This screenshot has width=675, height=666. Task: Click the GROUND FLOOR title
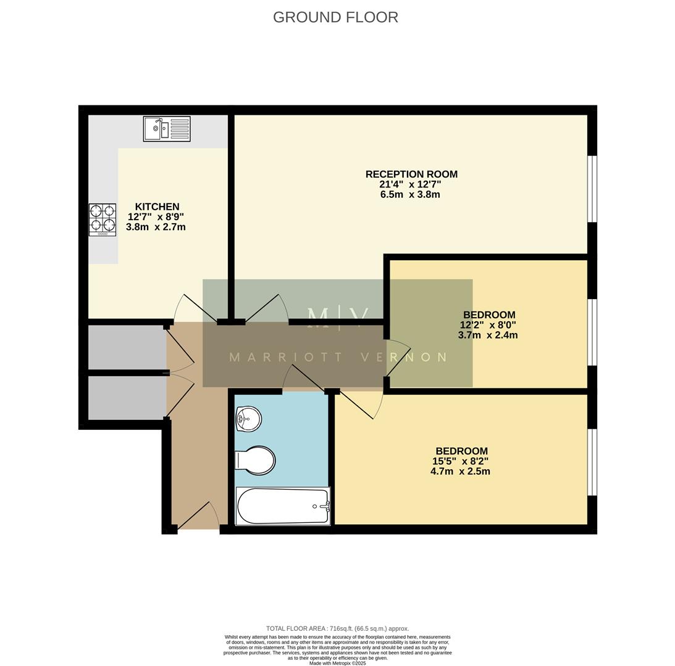[x=335, y=17]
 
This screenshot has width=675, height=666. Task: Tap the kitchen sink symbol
[x=167, y=129]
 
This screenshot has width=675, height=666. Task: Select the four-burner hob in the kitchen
[x=103, y=220]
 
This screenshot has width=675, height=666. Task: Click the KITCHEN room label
[x=157, y=207]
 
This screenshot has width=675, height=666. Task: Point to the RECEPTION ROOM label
[x=411, y=175]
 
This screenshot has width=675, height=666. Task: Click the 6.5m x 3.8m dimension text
[x=410, y=195]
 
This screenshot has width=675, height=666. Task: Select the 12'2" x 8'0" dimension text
[x=488, y=325]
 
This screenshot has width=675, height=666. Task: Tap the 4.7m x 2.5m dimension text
[x=460, y=472]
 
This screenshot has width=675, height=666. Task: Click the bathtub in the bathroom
[x=283, y=506]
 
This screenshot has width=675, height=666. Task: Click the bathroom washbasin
[x=249, y=419]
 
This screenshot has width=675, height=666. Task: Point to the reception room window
[x=592, y=189]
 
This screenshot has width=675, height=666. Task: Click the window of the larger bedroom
[x=592, y=462]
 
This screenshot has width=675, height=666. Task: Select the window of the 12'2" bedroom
[x=592, y=332]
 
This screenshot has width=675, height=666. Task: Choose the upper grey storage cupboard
[x=127, y=347]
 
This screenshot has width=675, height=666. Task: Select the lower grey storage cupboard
[x=127, y=398]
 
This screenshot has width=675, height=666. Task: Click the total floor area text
[x=337, y=629]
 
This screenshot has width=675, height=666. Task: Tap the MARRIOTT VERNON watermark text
[x=337, y=357]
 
